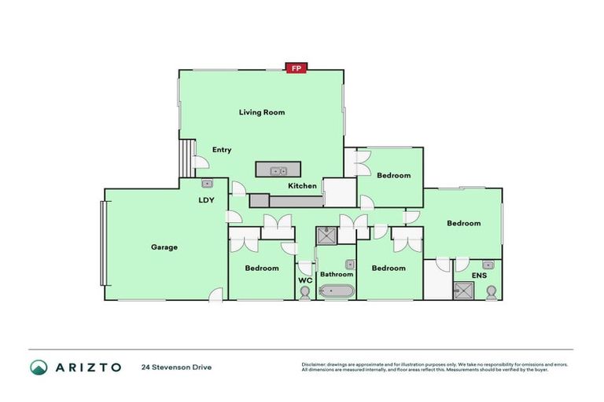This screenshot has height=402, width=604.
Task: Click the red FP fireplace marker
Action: pyautogui.click(x=296, y=68)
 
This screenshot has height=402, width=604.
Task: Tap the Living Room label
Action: pyautogui.click(x=262, y=112)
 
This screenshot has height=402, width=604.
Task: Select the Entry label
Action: pyautogui.click(x=222, y=150)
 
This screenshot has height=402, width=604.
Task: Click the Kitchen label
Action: pyautogui.click(x=302, y=186)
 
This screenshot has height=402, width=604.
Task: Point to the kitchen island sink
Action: pyautogui.click(x=277, y=170)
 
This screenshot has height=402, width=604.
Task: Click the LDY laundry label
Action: pyautogui.click(x=207, y=199)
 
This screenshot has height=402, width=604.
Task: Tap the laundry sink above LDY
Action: pyautogui.click(x=208, y=184)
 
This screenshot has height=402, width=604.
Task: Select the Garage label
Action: pyautogui.click(x=164, y=247)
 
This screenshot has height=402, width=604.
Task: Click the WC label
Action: pyautogui.click(x=305, y=280)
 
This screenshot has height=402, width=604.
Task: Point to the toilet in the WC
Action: pyautogui.click(x=305, y=292)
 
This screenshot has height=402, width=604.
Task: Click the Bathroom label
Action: pyautogui.click(x=336, y=274)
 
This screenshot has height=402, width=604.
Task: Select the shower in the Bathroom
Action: pyautogui.click(x=326, y=236)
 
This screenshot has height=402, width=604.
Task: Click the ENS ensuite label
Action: pyautogui.click(x=479, y=276)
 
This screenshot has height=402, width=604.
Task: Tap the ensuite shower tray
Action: pyautogui.click(x=463, y=291)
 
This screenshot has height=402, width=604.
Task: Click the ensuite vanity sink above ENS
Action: pyautogui.click(x=488, y=265)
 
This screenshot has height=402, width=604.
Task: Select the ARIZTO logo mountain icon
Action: pyautogui.click(x=39, y=367)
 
